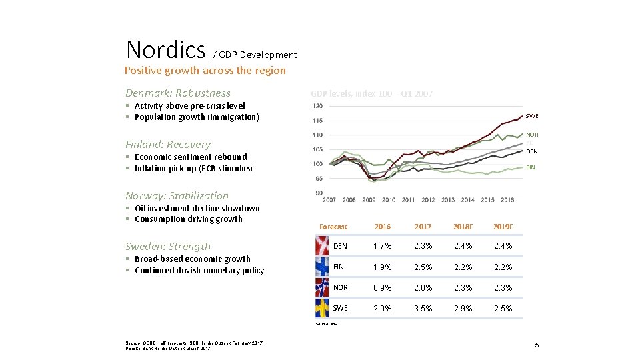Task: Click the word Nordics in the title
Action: click(165, 50)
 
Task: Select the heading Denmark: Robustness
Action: click(178, 93)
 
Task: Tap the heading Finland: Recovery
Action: click(168, 145)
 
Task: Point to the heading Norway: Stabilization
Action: click(177, 196)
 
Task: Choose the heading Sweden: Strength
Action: click(168, 247)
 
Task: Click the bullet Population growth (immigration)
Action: click(196, 117)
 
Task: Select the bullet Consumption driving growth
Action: click(188, 219)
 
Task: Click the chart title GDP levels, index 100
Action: click(371, 94)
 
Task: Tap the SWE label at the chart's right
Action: click(532, 116)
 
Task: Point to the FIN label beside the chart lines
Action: click(531, 167)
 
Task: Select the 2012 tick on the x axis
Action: click(428, 200)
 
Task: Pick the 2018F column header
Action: click(463, 227)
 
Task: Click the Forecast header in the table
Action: click(333, 227)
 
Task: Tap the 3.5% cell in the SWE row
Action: click(423, 309)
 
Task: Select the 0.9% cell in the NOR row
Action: click(383, 288)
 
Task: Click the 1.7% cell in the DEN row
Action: click(383, 246)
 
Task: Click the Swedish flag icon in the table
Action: click(321, 307)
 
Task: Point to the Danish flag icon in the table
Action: click(321, 245)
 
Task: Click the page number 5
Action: click(536, 345)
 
